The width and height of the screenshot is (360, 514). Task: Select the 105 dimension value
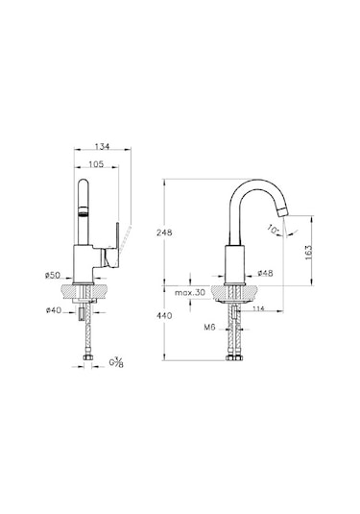click(94, 162)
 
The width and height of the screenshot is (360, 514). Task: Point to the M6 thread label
click(207, 328)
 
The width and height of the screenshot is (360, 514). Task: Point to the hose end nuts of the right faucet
click(235, 362)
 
